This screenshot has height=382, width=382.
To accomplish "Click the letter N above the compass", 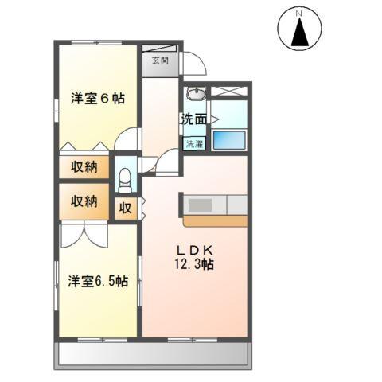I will [300, 14].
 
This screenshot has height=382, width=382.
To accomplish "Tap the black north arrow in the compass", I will [301, 33].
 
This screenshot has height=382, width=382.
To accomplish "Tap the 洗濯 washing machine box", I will [194, 144].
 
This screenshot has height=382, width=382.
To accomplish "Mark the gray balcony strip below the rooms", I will [156, 353].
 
